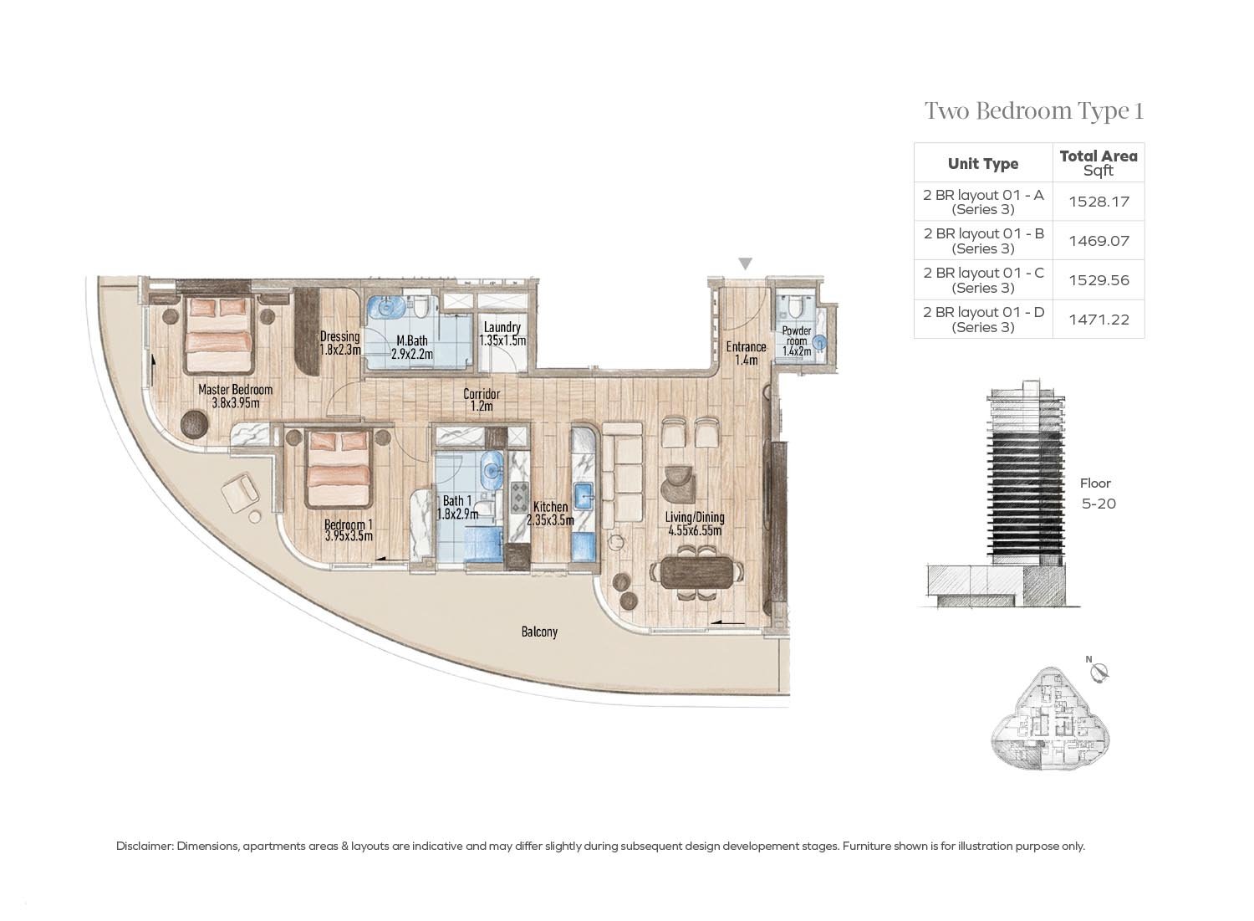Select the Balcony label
(x=539, y=632)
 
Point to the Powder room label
(x=796, y=336)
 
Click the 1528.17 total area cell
(x=1099, y=202)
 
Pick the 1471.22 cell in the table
(x=1099, y=320)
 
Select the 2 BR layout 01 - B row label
(x=983, y=241)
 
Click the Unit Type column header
(x=983, y=163)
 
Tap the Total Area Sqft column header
(x=1099, y=162)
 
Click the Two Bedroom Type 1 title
(x=1033, y=111)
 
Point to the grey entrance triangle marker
(x=745, y=264)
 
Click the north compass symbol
(x=1100, y=671)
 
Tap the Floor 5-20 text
(x=1098, y=494)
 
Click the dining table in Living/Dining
(x=696, y=572)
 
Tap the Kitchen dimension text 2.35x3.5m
(x=550, y=520)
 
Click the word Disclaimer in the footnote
(x=144, y=846)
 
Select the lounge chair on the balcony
(x=242, y=493)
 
